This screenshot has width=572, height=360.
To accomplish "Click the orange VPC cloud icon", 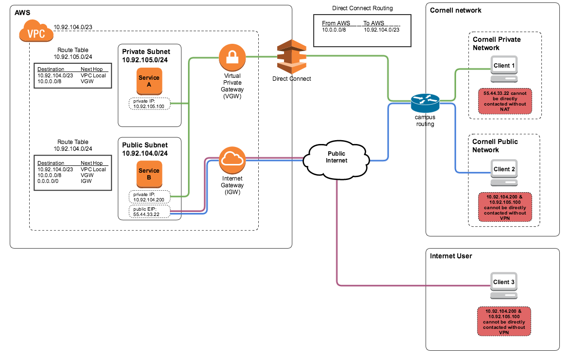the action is coord(36,31).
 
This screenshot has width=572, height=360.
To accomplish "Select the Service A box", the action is coord(149,81).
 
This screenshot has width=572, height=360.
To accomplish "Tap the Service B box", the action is coord(149,174).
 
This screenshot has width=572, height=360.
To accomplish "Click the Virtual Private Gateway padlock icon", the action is coord(232,57).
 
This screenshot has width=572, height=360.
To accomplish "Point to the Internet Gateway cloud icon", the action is coord(232,160).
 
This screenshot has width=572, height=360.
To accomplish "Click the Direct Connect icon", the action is coord(291,57).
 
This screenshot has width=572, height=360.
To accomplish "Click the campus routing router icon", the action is coord(425,103).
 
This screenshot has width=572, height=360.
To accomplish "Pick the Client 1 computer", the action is coord(504,69).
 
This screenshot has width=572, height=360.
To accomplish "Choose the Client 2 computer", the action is coord(504,173).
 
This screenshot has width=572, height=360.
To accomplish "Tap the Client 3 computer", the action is coord(504,286).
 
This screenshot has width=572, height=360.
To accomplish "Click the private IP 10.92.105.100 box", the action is coord(149,104).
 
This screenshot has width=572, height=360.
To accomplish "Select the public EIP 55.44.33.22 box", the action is coord(149,212).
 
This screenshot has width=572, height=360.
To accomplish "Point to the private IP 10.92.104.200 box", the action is coord(149,197).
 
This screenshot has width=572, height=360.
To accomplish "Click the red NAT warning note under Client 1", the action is coord(505,101).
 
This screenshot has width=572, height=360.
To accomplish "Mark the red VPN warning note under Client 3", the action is coord(504,322).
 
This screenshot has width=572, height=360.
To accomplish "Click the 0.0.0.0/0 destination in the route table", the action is coord(48,181).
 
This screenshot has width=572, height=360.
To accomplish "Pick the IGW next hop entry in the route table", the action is coord(86,181).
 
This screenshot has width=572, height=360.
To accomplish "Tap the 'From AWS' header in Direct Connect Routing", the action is coord(336,23).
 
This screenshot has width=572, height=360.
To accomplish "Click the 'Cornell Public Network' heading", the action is coord(495,145).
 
